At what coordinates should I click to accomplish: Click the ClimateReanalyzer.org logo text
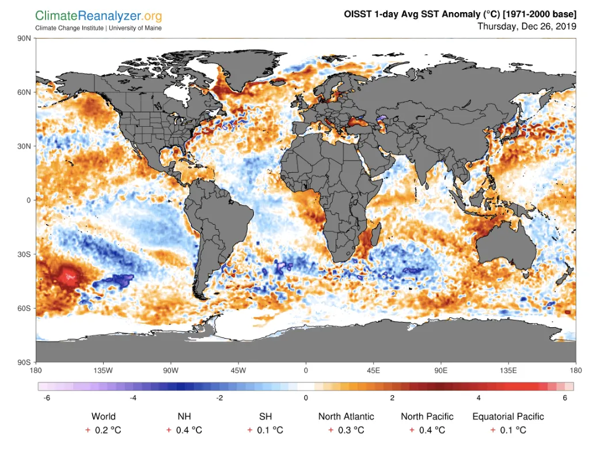(x=98, y=16)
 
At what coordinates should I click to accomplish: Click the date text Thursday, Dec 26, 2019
(x=527, y=26)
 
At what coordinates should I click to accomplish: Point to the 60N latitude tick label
(x=25, y=92)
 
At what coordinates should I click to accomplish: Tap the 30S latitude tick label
(x=25, y=254)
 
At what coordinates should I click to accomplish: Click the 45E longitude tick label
(x=373, y=370)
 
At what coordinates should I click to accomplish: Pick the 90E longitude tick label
(x=441, y=370)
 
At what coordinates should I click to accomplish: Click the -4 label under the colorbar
(x=133, y=398)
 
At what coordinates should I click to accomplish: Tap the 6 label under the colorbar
(x=565, y=398)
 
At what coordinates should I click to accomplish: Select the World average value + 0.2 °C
(x=104, y=430)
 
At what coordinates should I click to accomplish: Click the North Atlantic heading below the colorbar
(x=346, y=416)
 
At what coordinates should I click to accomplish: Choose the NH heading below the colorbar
(x=184, y=416)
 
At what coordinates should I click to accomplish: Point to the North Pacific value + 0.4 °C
(x=427, y=430)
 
